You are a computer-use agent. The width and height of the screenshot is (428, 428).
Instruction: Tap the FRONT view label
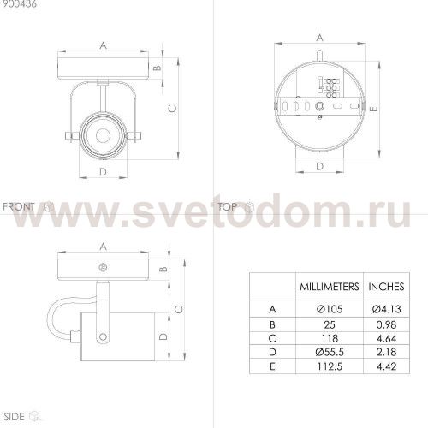click(20, 206)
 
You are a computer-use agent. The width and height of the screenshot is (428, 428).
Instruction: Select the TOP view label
click(228, 206)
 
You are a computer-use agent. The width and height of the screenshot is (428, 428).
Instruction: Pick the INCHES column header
click(385, 287)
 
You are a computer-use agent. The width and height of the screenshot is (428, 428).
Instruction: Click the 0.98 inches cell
click(385, 325)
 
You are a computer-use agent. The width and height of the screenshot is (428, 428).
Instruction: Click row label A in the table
click(272, 309)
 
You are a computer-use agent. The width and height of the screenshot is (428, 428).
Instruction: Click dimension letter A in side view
click(102, 246)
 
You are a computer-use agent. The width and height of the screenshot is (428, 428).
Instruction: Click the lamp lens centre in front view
click(101, 134)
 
